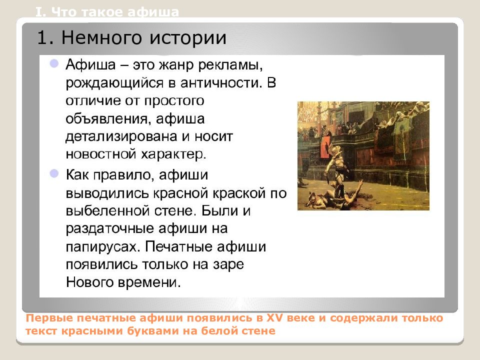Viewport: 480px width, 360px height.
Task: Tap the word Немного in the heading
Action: point(102,38)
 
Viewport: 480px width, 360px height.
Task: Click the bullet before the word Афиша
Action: point(54,63)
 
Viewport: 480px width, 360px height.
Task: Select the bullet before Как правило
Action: point(54,173)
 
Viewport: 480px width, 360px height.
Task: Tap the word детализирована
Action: point(121,136)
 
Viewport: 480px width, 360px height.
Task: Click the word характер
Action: point(173,154)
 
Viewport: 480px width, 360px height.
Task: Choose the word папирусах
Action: point(103,246)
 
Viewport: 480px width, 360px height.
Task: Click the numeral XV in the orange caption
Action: point(274,318)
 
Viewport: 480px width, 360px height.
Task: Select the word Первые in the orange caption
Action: point(49,318)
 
